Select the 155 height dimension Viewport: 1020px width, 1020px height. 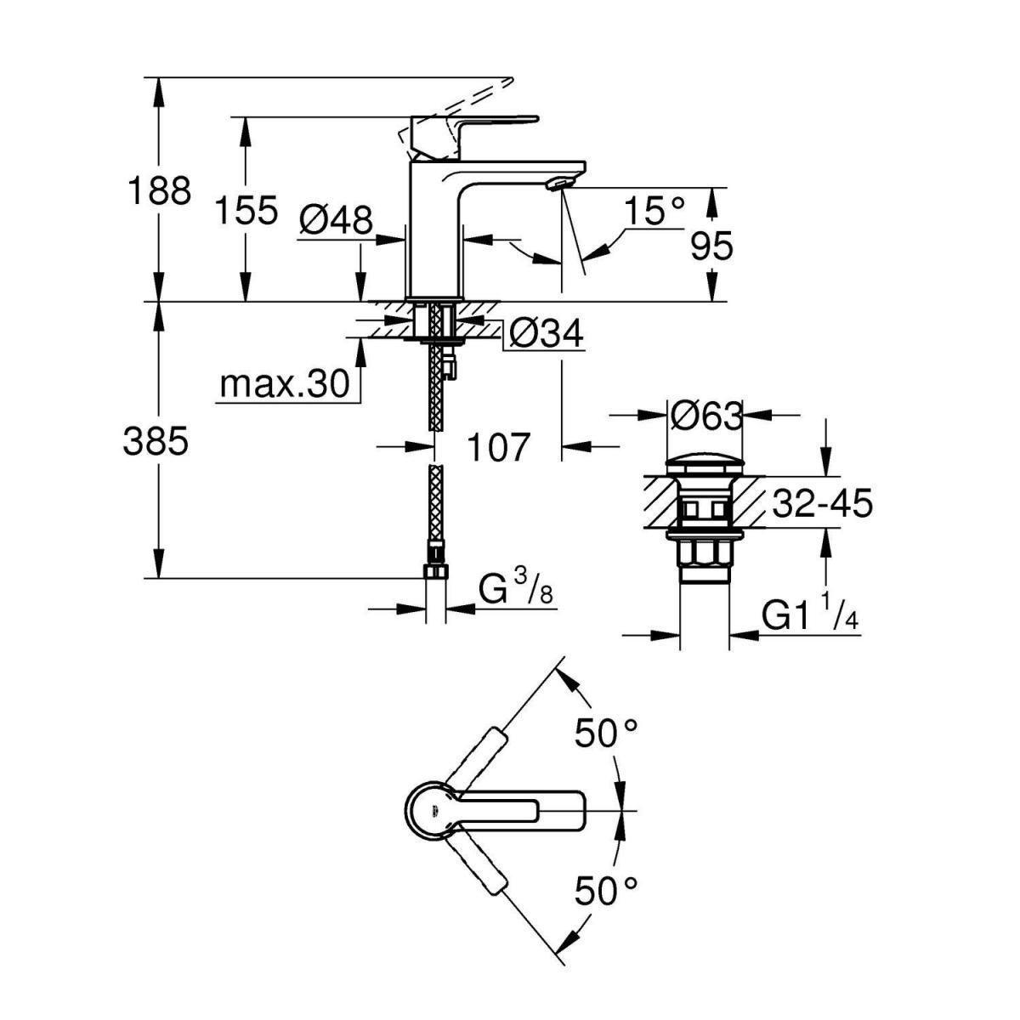click(x=246, y=210)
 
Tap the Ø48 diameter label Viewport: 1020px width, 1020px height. click(x=337, y=221)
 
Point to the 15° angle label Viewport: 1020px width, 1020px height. click(x=653, y=210)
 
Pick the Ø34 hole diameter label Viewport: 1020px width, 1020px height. click(x=545, y=335)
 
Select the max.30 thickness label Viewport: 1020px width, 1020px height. click(x=285, y=385)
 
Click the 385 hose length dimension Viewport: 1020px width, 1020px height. click(x=156, y=441)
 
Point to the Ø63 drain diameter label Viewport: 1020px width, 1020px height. click(x=705, y=416)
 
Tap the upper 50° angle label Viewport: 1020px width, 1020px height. click(x=606, y=732)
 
